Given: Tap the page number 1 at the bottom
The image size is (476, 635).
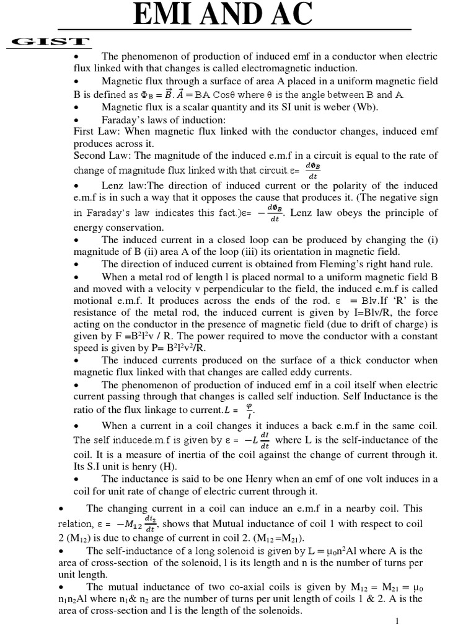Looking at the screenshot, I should coord(396,622).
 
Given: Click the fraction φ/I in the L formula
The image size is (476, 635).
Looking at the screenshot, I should coord(250,410).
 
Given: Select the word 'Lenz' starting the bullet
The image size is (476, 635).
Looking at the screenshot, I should coord(113,186).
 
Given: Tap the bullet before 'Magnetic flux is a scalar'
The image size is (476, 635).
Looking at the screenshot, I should coord(76,107).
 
